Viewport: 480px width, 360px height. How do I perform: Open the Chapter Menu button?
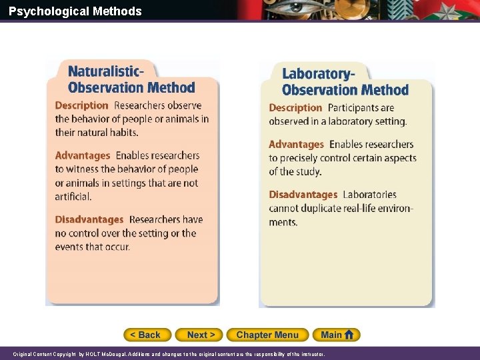tap(267, 335)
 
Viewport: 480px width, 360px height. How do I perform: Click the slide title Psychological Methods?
tap(75, 11)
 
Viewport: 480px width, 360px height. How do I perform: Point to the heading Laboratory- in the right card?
tap(318, 74)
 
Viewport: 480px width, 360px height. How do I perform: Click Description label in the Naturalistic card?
tap(81, 105)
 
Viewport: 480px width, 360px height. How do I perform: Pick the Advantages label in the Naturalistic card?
tap(83, 155)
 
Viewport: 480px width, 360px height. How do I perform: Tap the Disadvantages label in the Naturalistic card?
tap(89, 219)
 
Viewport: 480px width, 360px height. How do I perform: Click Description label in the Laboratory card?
tap(295, 107)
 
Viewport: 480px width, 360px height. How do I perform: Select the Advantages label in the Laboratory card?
tap(296, 144)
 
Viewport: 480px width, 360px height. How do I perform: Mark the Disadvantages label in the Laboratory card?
tap(303, 195)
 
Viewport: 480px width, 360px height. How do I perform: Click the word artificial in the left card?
tap(73, 196)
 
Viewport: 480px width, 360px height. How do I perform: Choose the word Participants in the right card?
tap(361, 107)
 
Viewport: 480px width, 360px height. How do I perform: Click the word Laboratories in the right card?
tap(369, 195)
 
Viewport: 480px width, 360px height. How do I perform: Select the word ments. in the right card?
tap(283, 222)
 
